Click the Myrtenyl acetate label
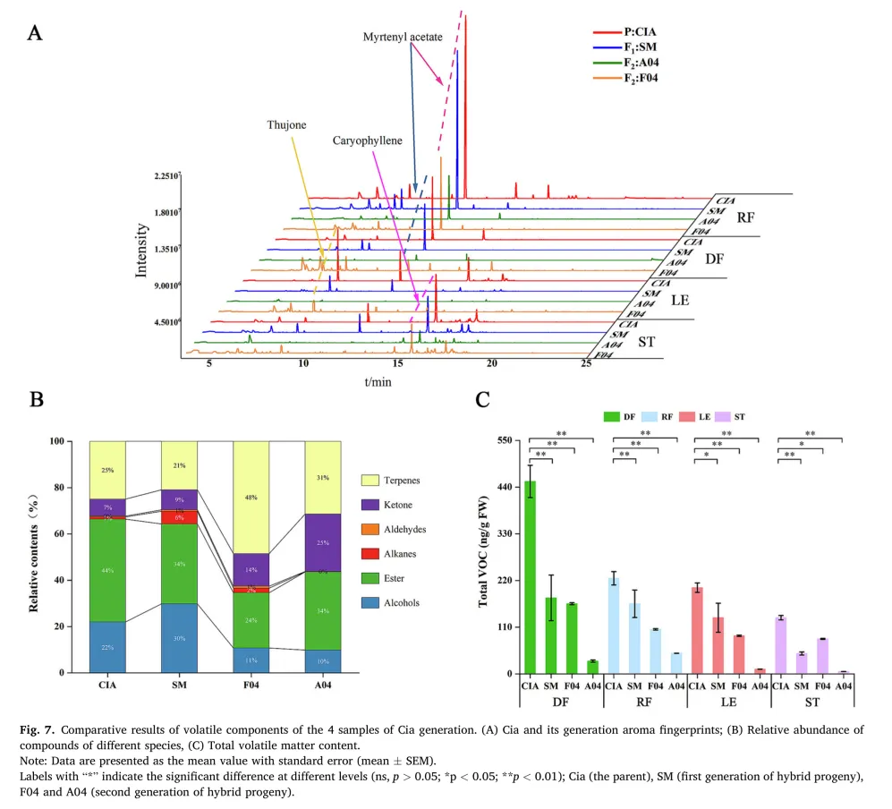point(405,37)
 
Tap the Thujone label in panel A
point(286,126)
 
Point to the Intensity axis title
point(141,250)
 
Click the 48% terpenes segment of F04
point(251,497)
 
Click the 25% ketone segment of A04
point(323,542)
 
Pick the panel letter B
point(37,400)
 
